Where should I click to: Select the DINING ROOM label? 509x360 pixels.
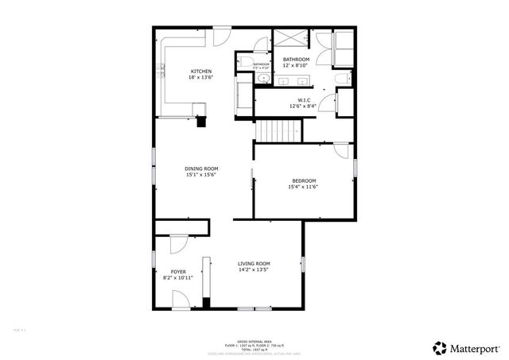pos(201,168)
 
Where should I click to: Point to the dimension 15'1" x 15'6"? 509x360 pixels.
pos(201,175)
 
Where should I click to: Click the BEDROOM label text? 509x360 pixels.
pos(303,180)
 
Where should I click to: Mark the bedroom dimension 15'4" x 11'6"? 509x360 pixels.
pos(303,187)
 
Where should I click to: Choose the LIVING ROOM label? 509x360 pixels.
pos(254,264)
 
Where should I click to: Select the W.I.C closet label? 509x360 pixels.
pos(296,99)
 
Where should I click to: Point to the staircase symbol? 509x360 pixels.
pos(279,130)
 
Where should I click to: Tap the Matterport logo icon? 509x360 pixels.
pos(439,347)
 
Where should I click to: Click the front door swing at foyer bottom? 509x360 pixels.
pos(181,300)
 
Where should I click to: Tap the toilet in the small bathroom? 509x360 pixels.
pos(247,64)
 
